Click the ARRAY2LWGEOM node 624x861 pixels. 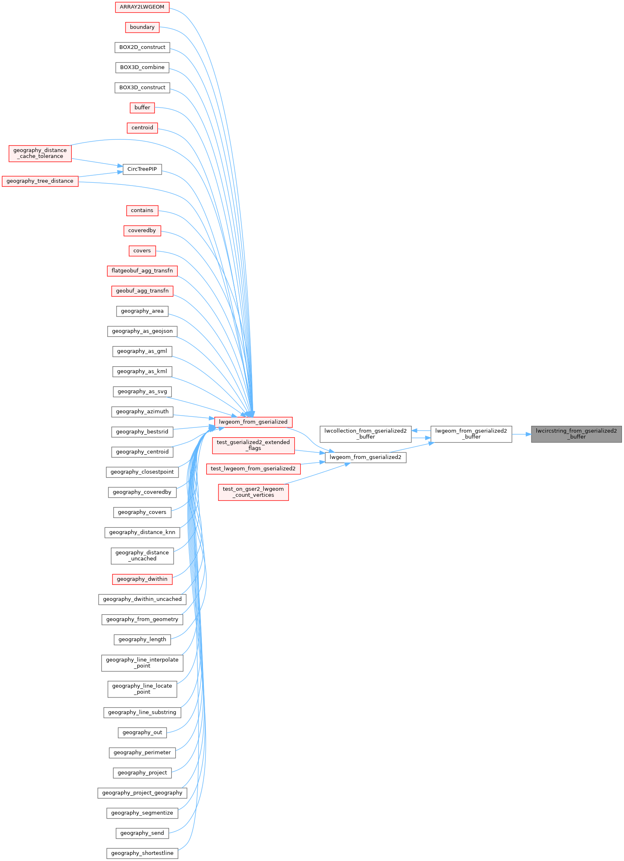point(142,7)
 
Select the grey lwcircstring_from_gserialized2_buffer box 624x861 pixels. point(576,434)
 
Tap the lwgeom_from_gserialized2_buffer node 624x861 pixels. point(471,434)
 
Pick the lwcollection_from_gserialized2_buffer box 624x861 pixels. point(366,434)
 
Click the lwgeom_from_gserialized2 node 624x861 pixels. point(366,457)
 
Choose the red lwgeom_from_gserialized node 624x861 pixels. point(253,422)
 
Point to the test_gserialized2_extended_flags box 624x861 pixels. point(253,445)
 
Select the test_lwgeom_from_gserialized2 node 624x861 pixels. point(253,469)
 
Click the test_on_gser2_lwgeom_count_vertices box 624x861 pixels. point(253,492)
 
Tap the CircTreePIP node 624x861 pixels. point(142,169)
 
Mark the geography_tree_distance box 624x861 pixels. point(40,181)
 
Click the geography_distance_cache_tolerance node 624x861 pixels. point(40,153)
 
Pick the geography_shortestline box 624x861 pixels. point(142,853)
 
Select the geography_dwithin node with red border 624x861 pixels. point(142,579)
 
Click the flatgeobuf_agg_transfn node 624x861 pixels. point(142,271)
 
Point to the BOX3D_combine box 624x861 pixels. point(142,67)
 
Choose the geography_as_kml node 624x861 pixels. point(142,372)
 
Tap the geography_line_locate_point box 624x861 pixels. point(142,689)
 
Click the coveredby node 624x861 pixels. point(142,231)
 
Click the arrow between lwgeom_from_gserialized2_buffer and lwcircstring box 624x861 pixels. point(522,434)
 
